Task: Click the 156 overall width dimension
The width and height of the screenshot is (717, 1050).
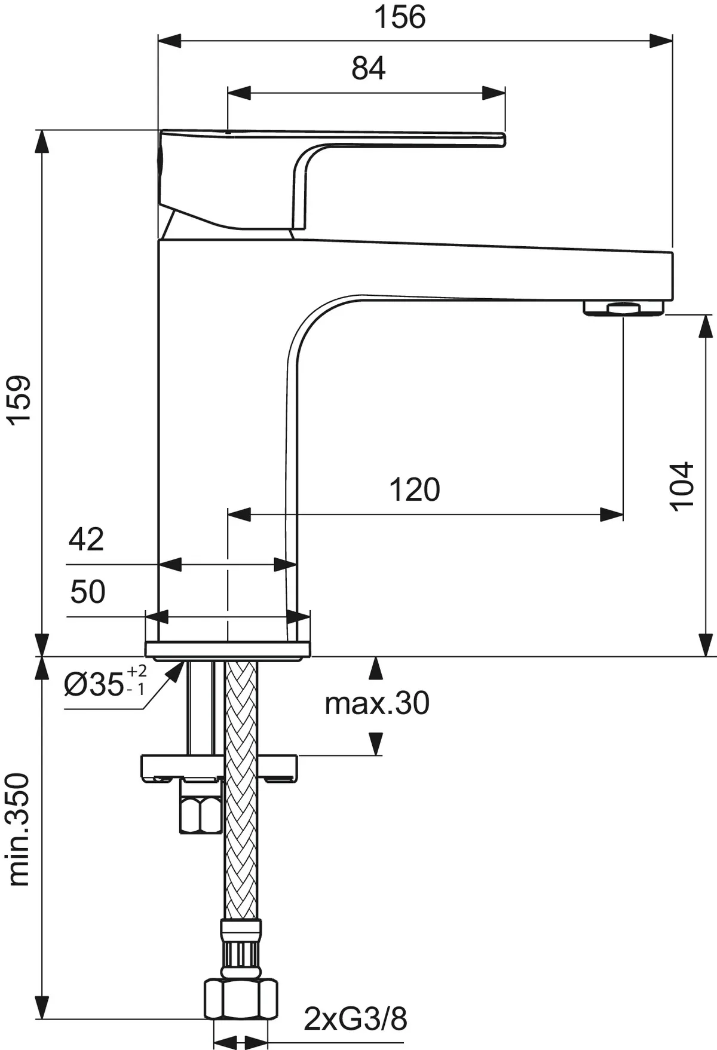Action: click(x=399, y=17)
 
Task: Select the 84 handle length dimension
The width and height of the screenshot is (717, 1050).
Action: click(x=368, y=69)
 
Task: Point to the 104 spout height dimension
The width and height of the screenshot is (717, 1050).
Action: click(x=682, y=485)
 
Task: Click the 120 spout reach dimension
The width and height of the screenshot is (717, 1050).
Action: click(x=414, y=490)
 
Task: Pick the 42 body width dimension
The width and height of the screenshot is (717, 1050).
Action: click(x=86, y=539)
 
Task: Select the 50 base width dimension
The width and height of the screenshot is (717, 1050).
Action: click(x=87, y=592)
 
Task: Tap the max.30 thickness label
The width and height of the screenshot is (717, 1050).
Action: click(x=376, y=704)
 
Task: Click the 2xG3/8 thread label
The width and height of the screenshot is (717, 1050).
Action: click(x=355, y=1018)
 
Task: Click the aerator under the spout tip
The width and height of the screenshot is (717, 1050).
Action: click(x=623, y=308)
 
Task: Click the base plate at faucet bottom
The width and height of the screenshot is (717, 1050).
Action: click(x=228, y=650)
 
